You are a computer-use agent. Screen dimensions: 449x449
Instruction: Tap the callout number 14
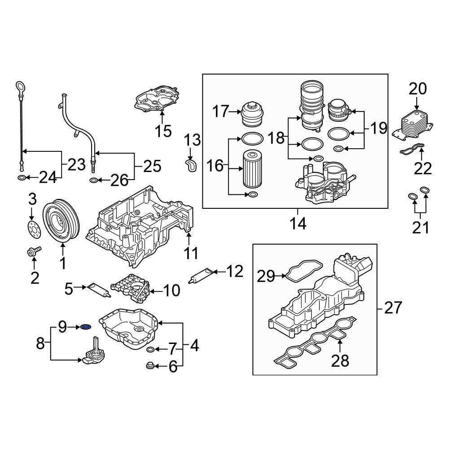[x=298, y=223]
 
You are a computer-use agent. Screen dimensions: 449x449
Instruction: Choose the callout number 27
[x=394, y=308]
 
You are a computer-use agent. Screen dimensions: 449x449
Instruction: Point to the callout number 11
[x=192, y=254]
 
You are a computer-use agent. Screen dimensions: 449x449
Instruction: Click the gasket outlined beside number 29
[x=301, y=272]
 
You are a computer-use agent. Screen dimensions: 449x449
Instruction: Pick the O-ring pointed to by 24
[x=22, y=179]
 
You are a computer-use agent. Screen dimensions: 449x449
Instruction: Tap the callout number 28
[x=339, y=360]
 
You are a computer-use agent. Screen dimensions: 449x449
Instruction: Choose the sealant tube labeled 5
[x=98, y=290]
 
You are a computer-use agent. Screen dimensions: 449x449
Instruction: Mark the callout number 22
[x=423, y=168]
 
